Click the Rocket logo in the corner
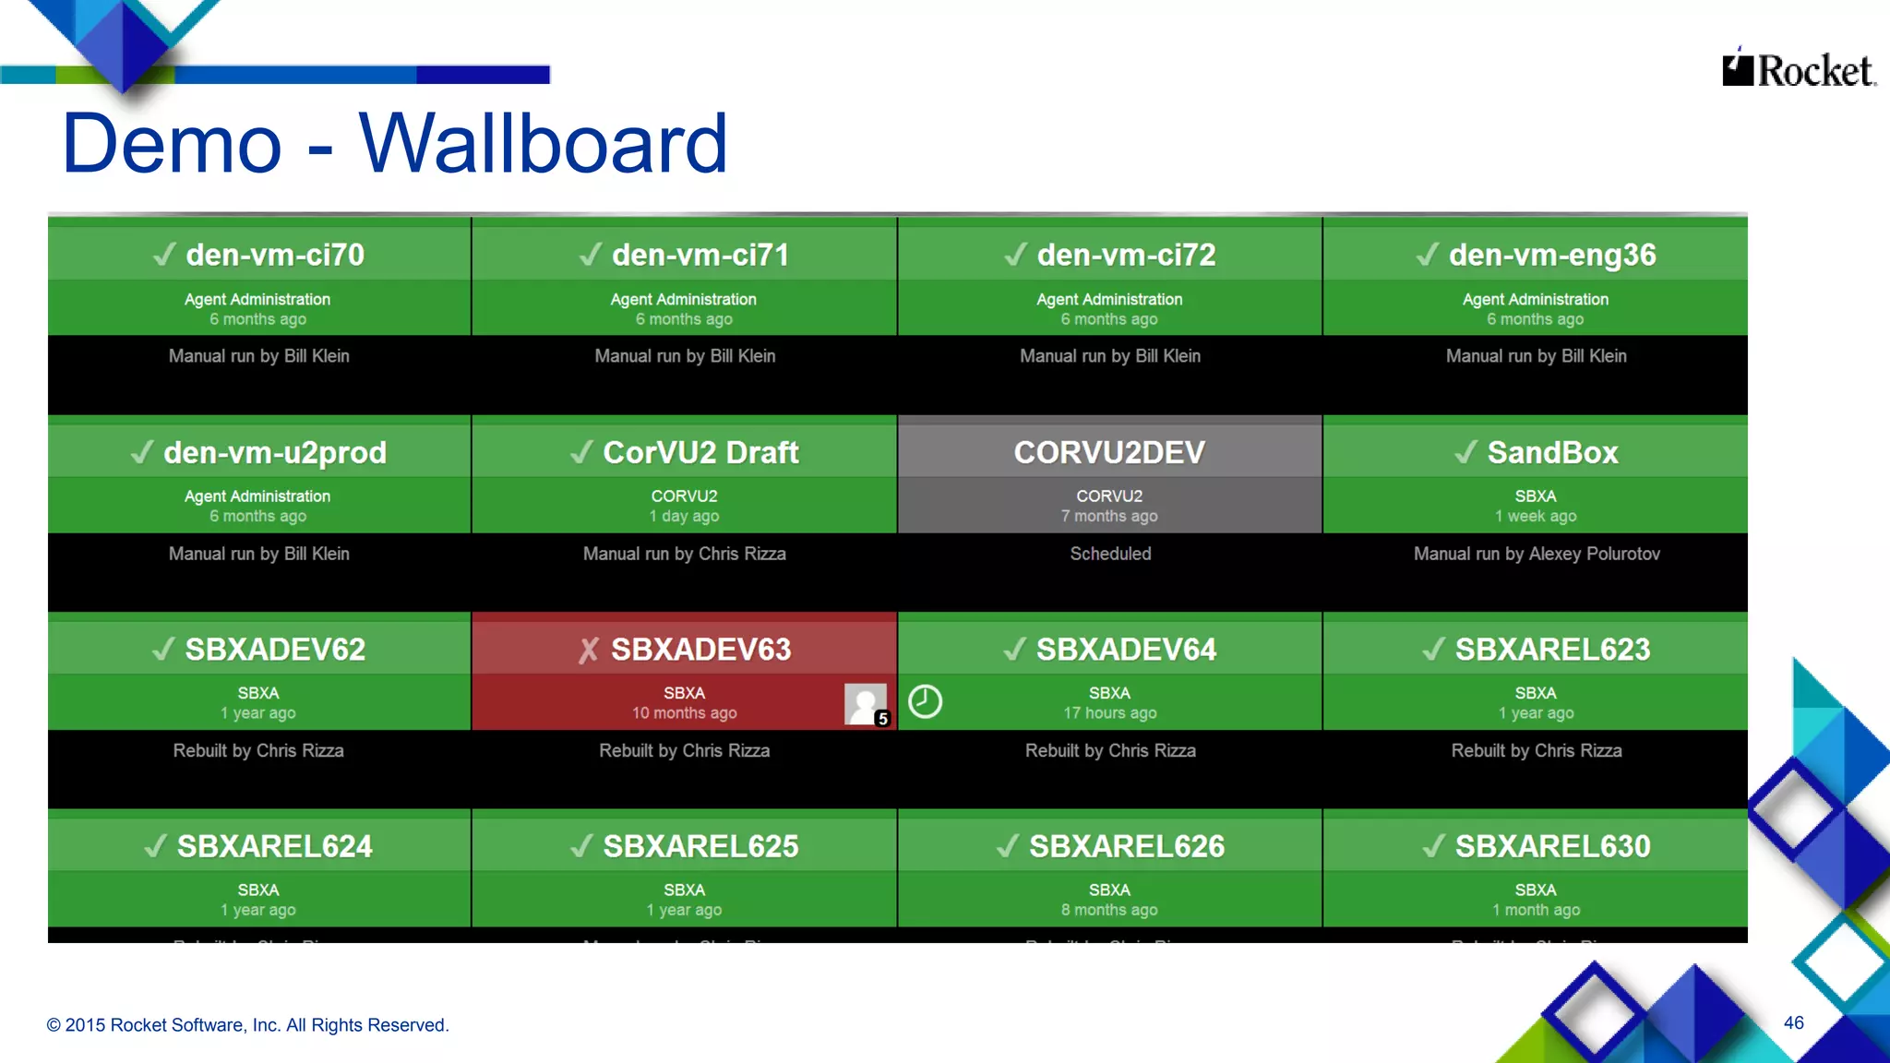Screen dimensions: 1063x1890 [x=1798, y=70]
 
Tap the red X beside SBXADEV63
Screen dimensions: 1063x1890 [x=589, y=651]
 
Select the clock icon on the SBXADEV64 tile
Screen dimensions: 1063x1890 [x=925, y=701]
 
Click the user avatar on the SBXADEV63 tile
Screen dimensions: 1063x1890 [x=866, y=704]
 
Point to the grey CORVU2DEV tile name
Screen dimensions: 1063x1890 [x=1109, y=453]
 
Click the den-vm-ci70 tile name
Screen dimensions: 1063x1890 [x=275, y=255]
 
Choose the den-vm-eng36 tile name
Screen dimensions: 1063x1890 [x=1552, y=255]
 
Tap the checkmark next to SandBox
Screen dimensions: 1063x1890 [x=1465, y=452]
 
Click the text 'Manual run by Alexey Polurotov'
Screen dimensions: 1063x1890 [x=1537, y=554]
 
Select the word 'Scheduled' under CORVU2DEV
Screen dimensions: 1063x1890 [x=1110, y=554]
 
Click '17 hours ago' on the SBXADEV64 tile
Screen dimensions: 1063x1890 [x=1109, y=713]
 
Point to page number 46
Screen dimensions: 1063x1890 [x=1793, y=1022]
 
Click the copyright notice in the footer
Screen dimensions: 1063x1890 [x=247, y=1025]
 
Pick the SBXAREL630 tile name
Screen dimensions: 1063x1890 [x=1552, y=847]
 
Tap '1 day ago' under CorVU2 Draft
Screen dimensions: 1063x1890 [x=684, y=517]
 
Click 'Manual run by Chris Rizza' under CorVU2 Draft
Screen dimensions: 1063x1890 [x=684, y=554]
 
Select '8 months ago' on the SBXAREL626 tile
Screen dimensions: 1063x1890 [x=1109, y=911]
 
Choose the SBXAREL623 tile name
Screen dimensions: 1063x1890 [x=1552, y=650]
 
